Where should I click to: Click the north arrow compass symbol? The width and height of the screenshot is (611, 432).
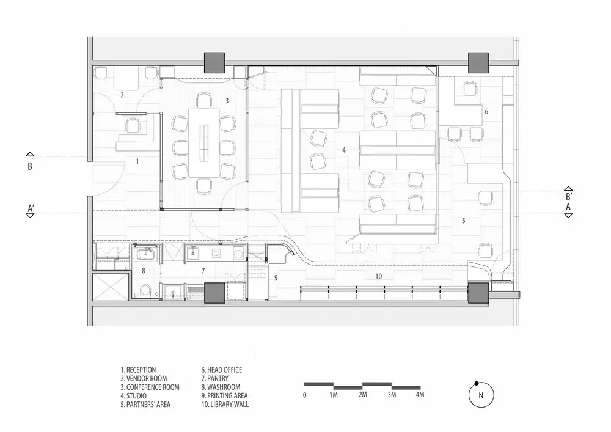pos(481,395)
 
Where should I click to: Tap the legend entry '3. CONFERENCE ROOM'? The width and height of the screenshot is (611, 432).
pos(150,387)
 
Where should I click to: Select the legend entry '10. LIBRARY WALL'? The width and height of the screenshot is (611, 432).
pos(225,405)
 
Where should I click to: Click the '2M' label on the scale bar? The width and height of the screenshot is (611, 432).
pos(362,395)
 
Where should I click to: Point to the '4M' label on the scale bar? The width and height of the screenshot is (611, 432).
pos(420,395)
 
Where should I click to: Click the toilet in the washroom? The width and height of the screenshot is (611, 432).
pos(145,291)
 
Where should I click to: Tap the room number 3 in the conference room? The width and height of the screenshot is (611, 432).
pos(227,101)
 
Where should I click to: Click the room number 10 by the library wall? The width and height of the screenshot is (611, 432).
pos(378,277)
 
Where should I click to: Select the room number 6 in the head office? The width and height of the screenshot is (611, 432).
pos(486,111)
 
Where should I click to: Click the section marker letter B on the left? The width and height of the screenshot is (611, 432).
pos(29,166)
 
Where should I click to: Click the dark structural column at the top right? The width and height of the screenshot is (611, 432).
pos(478,63)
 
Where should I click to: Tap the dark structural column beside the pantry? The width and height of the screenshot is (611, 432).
pos(214,293)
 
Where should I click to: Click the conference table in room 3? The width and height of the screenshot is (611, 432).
pos(204,143)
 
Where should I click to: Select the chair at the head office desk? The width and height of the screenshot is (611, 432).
pos(470,89)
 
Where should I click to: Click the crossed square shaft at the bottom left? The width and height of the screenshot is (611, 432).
pos(111,287)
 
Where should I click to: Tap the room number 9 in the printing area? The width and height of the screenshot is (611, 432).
pos(276,278)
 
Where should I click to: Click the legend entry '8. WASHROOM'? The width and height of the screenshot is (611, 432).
pos(221,387)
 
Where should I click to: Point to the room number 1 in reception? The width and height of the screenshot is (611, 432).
pos(137,161)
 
